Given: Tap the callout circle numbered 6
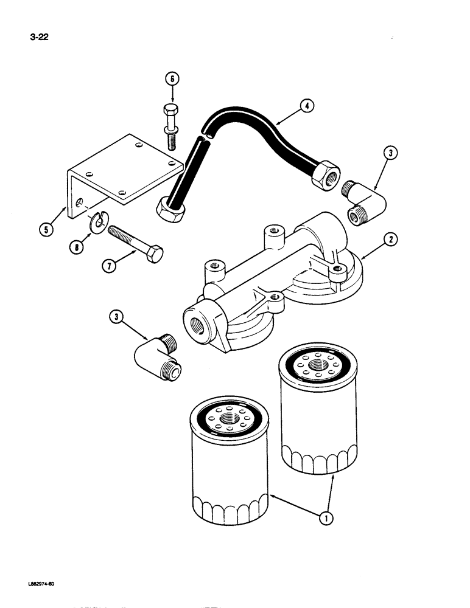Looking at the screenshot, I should (172, 79).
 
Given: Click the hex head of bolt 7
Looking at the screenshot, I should (155, 254).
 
